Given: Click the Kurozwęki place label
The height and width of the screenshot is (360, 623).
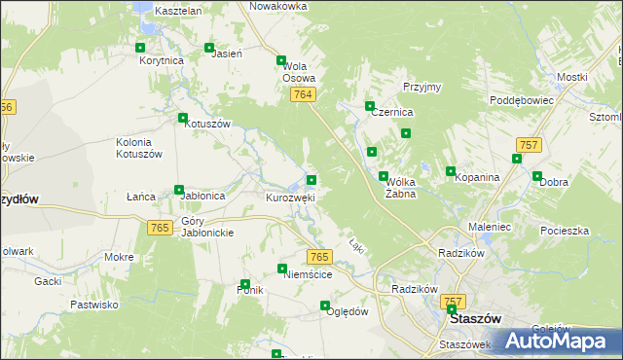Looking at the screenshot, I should point(290,197).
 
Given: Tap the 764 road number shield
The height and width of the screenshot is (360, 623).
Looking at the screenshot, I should point(303,93).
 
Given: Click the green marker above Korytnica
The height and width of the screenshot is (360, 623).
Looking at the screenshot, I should point(141,48).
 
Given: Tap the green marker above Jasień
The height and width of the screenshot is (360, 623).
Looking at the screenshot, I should point(209,47).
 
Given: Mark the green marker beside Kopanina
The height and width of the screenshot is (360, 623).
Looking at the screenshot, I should point(451,171).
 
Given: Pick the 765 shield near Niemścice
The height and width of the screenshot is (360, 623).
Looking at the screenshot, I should point(319,256).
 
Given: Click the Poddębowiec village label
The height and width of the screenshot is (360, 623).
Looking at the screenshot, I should point(522,100).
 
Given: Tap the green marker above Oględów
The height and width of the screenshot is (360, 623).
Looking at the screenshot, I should point(326,306).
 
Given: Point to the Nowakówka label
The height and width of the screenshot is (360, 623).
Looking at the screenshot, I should point(278,6).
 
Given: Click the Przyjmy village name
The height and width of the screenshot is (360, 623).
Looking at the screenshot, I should point(422,87).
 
